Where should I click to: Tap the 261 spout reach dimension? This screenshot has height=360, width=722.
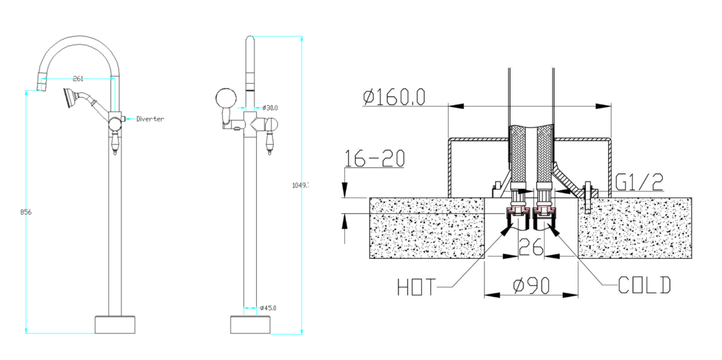click(x=78, y=78)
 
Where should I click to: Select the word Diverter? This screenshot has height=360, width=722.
click(x=150, y=119)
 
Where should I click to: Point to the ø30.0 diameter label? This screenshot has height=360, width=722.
click(x=270, y=108)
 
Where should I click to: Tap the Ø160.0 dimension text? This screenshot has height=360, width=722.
click(x=394, y=96)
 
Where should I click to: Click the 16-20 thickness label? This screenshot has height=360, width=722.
click(x=374, y=158)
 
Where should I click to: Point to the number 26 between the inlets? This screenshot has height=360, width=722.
click(x=531, y=246)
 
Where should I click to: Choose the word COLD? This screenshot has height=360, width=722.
click(x=644, y=285)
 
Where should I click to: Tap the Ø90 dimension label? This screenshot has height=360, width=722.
click(x=532, y=286)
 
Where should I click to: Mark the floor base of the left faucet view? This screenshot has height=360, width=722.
click(x=115, y=324)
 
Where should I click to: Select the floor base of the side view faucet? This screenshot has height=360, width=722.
click(x=250, y=324)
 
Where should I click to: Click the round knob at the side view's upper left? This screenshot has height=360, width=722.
click(x=225, y=98)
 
